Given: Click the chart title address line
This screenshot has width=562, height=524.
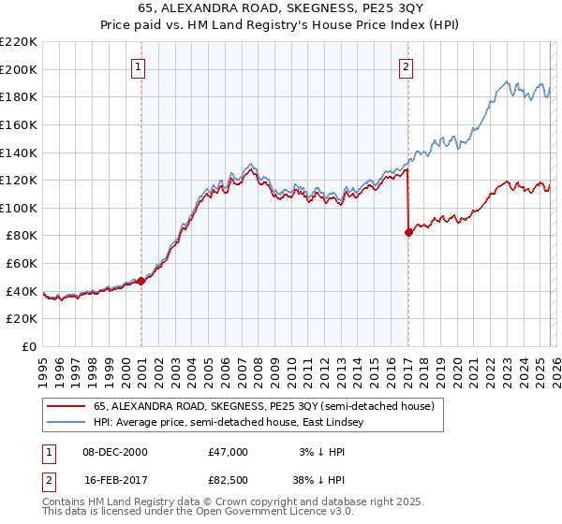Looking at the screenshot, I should coord(282,9).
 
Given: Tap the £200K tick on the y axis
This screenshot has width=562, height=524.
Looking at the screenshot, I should coord(19,69).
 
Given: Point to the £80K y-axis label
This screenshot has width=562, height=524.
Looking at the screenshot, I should coord(22,236).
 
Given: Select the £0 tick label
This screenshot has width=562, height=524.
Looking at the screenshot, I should coord(29,347).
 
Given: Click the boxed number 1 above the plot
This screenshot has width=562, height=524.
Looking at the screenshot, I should coord(139,66).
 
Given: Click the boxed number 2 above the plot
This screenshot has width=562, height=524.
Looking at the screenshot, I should coord(407,66).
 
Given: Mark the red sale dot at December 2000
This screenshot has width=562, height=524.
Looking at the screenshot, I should coord(140,281).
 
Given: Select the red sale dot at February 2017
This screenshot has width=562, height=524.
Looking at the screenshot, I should coord(408,232).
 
